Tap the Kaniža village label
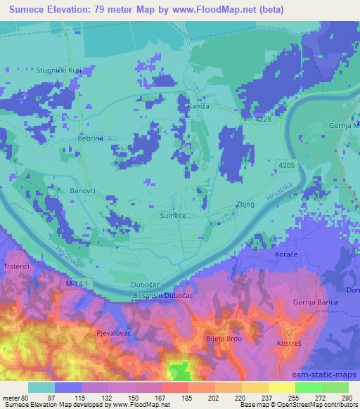point(199,106)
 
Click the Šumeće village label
point(172,216)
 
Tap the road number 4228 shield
point(264,120)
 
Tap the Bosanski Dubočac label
point(164,297)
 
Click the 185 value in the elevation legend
point(186,397)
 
